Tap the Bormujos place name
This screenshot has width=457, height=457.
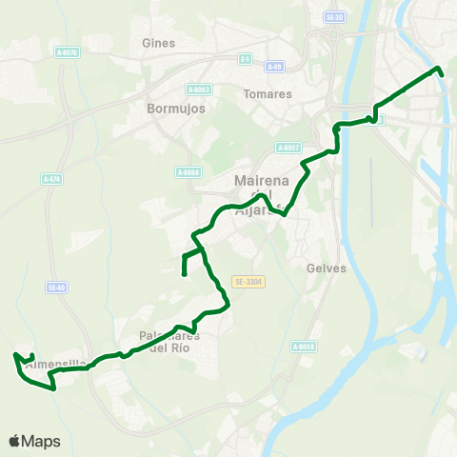tap(171, 109)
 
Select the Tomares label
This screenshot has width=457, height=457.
tap(261, 94)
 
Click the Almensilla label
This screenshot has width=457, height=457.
tap(57, 364)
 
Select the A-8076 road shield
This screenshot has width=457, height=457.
tap(66, 52)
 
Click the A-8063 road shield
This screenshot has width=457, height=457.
tap(201, 89)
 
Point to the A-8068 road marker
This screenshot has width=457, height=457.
tap(188, 171)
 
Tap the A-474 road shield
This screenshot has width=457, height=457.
tap(51, 178)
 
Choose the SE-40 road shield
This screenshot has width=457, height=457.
tap(56, 287)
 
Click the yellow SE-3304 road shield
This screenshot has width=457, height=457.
tap(246, 282)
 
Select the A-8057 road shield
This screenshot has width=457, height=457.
tap(288, 148)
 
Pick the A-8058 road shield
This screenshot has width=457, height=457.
tap(304, 346)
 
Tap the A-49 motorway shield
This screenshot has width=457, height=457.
tap(274, 67)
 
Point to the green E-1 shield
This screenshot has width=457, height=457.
tap(245, 58)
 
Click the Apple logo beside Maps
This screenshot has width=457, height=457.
tap(15, 441)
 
